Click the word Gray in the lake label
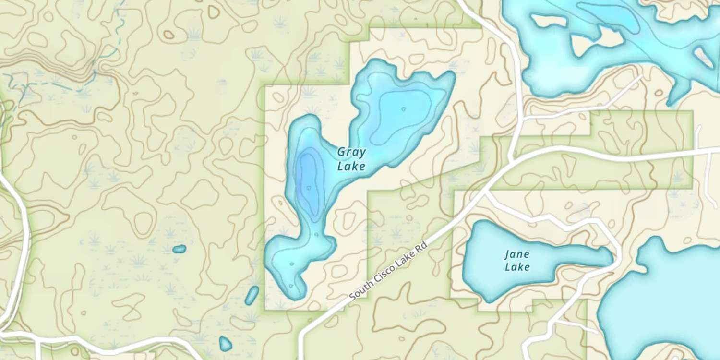tap(351, 153)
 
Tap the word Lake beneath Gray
tap(351, 167)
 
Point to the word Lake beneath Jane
tap(517, 267)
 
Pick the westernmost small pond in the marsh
tap(179, 249)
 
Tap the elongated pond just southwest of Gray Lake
tap(252, 295)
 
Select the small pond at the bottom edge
tap(225, 344)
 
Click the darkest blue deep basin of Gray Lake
tap(307, 178)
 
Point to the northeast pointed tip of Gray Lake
tap(451, 74)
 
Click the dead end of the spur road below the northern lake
tap(641, 76)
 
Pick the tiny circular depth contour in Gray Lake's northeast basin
tap(403, 109)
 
